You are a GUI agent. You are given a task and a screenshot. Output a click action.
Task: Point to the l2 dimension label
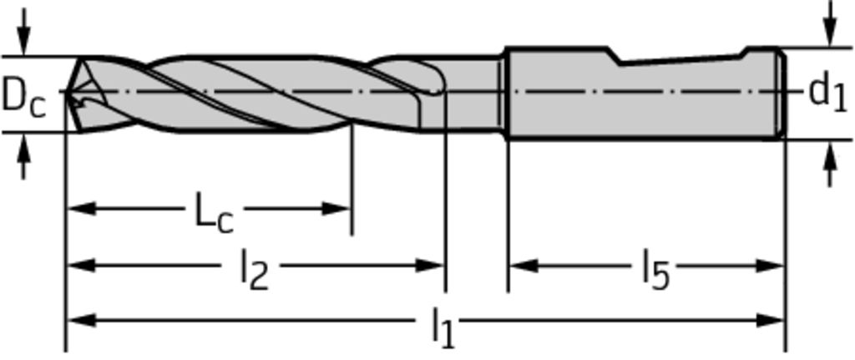point(255,269)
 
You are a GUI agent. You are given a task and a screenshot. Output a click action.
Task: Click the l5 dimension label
point(655,269)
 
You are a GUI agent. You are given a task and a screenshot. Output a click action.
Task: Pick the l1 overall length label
point(443,327)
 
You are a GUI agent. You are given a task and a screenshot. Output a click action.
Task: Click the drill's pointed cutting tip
point(67,92)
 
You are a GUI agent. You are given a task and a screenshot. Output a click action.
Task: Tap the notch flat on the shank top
point(681,59)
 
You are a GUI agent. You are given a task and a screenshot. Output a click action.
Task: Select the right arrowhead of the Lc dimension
point(336,208)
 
